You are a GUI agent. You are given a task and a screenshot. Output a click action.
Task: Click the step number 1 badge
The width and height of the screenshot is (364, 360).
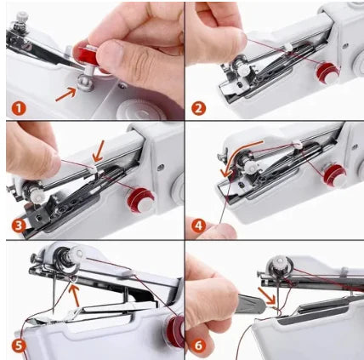coord(17,108)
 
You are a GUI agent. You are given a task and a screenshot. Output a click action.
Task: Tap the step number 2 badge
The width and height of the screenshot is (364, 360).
coord(199,108)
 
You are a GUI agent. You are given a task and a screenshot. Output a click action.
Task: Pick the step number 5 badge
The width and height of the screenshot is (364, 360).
coord(17,346)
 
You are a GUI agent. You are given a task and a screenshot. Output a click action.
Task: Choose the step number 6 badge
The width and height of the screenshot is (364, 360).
coord(199,346)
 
